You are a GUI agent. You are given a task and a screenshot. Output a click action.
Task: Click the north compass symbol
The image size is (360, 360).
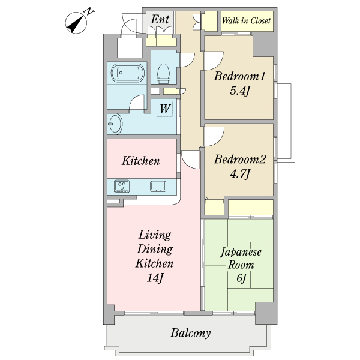point(77,23)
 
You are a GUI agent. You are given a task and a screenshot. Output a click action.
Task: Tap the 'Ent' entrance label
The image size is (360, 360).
point(160,20)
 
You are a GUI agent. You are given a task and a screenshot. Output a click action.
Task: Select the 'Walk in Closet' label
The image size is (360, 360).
point(247,20)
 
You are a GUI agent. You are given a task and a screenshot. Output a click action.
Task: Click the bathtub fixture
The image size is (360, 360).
point(128,73)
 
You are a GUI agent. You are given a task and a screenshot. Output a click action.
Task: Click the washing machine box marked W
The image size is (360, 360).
point(164,109)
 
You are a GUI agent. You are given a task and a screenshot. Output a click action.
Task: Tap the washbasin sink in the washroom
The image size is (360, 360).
point(115,124)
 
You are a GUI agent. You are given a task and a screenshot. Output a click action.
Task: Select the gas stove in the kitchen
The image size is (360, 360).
point(122,186)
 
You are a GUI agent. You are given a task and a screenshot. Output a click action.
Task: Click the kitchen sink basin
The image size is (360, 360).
point(158,186)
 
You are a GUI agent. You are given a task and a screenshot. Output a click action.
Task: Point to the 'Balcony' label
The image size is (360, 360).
point(190,333)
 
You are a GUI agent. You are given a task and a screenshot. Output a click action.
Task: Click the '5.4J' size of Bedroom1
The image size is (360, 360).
point(239,91)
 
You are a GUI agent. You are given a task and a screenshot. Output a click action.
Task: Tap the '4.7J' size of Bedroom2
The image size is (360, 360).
point(239,174)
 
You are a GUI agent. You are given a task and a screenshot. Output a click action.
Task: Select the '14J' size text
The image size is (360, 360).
point(155,278)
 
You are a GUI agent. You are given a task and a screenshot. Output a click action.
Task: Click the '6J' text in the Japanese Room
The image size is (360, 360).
point(241,278)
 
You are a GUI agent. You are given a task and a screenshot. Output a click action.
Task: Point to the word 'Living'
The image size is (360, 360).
point(155,235)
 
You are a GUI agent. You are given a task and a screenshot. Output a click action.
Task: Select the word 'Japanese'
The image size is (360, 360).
point(241,252)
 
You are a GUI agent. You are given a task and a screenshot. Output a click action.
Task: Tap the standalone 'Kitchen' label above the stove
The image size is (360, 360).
point(141,161)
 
